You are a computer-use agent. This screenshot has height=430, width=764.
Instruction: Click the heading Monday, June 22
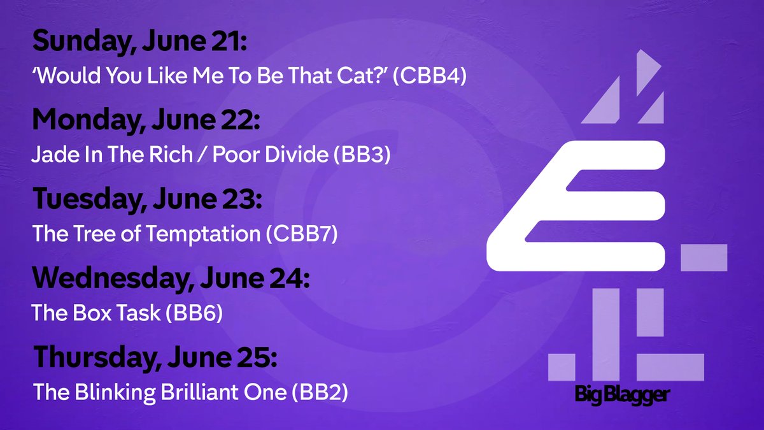tap(146, 120)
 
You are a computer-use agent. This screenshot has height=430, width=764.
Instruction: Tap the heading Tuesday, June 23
tap(146, 199)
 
